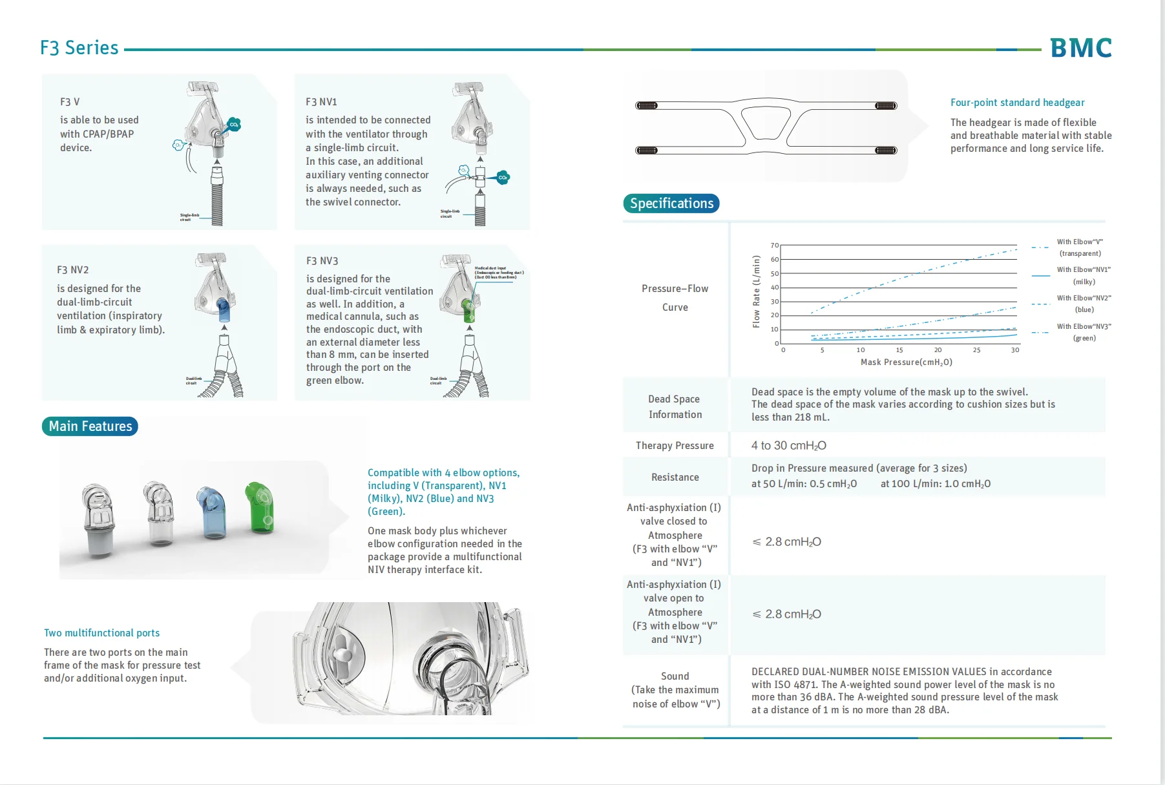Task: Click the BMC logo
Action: click(1080, 48)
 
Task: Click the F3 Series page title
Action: click(79, 48)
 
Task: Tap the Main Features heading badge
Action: click(90, 426)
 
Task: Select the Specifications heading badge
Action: click(671, 204)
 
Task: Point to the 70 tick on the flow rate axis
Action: click(775, 246)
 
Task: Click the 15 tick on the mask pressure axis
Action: click(899, 350)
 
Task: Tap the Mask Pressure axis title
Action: click(906, 362)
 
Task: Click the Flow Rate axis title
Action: click(757, 291)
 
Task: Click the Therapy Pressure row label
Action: click(675, 446)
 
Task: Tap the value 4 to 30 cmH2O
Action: click(788, 446)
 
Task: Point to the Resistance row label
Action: click(675, 477)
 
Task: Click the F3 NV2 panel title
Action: click(73, 270)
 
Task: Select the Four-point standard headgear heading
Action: click(1017, 103)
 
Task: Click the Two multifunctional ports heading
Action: click(102, 633)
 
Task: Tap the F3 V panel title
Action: click(70, 102)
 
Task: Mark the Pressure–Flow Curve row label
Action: click(675, 298)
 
